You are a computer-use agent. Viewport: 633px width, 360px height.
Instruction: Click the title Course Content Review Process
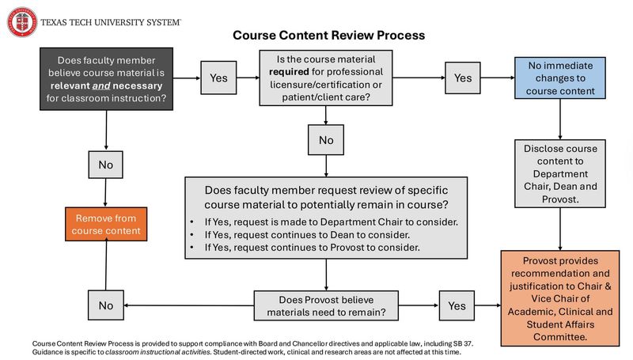point(328,36)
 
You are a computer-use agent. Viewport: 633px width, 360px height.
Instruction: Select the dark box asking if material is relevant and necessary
point(107,78)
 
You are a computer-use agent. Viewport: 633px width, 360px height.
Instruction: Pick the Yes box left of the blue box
point(462,78)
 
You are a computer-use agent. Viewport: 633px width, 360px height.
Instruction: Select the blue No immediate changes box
point(560,78)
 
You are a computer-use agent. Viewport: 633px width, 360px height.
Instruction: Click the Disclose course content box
point(560,173)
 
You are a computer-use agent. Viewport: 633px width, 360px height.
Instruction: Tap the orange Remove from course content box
point(104,224)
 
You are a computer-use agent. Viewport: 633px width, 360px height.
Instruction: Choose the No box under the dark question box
point(105,165)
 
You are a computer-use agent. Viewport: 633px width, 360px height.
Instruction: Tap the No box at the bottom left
point(105,305)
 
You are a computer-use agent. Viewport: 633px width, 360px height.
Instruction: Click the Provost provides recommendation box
point(561,297)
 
